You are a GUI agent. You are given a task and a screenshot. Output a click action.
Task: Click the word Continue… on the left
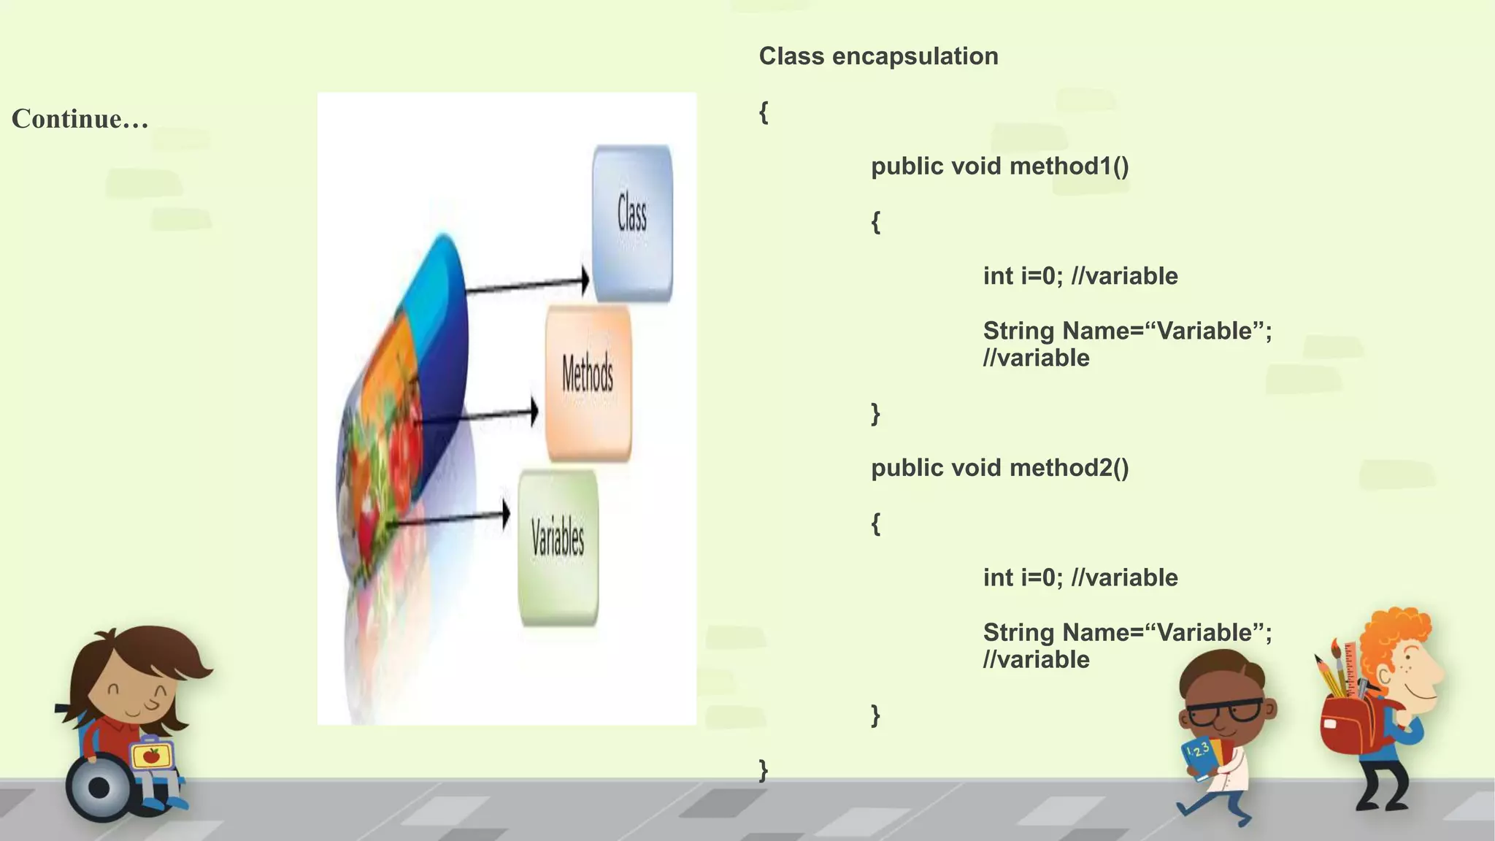[80, 119]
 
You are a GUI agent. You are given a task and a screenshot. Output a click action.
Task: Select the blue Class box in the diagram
[632, 223]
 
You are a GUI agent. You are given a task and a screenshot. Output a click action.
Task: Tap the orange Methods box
[588, 383]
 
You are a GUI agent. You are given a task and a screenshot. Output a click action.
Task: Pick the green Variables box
[558, 548]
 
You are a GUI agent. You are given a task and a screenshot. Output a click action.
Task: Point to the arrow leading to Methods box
[478, 416]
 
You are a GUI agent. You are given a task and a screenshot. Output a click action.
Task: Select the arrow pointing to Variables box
[449, 518]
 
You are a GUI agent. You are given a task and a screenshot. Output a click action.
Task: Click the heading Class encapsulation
[878, 56]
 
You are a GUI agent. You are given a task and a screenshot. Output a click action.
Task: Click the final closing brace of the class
[764, 769]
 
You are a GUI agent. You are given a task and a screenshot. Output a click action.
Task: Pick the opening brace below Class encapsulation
[764, 112]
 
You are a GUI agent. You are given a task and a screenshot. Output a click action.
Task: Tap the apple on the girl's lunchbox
[152, 756]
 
